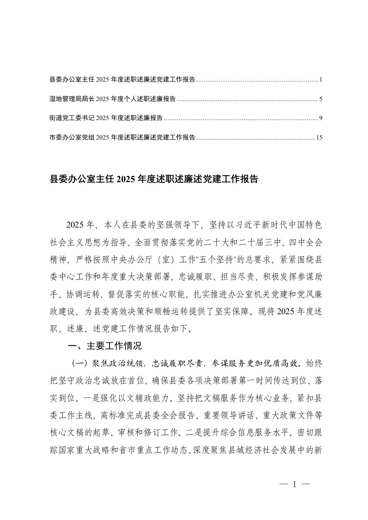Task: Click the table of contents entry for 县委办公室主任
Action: pos(122,80)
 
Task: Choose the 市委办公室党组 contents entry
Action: pos(122,137)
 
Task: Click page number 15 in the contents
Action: pos(318,137)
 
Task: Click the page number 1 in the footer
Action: pos(294,484)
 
